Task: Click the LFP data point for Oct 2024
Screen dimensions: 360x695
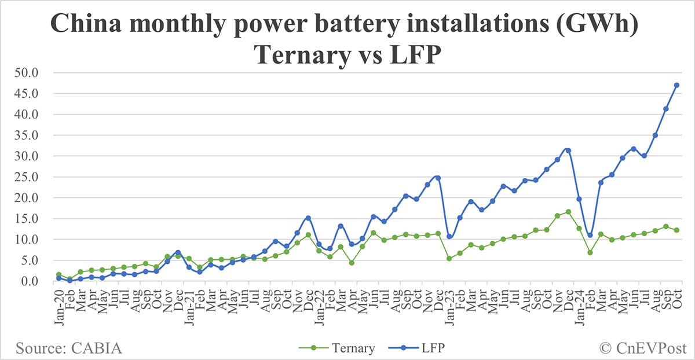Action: pos(676,85)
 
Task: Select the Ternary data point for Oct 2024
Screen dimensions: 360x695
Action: pos(676,230)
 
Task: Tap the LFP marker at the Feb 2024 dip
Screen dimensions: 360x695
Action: pos(590,235)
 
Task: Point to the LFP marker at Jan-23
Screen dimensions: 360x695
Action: pos(449,237)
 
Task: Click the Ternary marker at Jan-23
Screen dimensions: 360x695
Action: pos(449,258)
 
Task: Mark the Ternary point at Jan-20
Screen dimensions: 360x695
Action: pos(58,274)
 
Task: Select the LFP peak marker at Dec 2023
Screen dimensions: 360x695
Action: pos(568,150)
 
